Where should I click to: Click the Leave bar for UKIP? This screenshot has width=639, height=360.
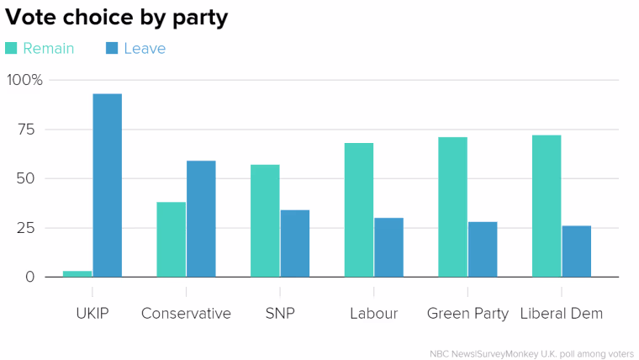pos(107,186)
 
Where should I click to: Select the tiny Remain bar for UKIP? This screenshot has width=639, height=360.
pos(77,274)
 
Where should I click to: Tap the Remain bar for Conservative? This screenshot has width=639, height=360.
pos(172,240)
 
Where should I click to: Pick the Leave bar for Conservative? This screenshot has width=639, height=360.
pos(201,219)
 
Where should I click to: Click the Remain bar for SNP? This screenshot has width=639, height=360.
pos(265,221)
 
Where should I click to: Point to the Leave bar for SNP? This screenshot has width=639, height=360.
pos(295,243)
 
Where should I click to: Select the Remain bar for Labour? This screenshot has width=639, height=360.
pos(359,210)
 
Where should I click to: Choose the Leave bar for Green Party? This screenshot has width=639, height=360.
pos(483,250)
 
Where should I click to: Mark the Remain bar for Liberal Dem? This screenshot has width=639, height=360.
pos(547,206)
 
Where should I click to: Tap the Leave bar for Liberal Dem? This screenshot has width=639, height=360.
pos(577,251)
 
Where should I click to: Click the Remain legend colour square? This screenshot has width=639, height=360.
pos(11,48)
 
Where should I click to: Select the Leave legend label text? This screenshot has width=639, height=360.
pos(145,49)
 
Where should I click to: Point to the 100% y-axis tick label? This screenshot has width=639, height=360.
pos(25,80)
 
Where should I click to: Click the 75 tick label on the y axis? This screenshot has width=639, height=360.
pos(26,130)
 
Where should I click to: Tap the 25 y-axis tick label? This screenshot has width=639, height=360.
pos(26,228)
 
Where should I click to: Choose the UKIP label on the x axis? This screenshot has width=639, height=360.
pos(92,313)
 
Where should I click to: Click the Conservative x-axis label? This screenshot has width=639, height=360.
pos(187,313)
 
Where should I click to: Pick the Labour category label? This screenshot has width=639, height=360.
pos(373,313)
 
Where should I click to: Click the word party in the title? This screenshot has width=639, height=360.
pos(200,19)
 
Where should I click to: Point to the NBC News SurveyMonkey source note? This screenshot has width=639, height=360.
pos(532,354)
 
